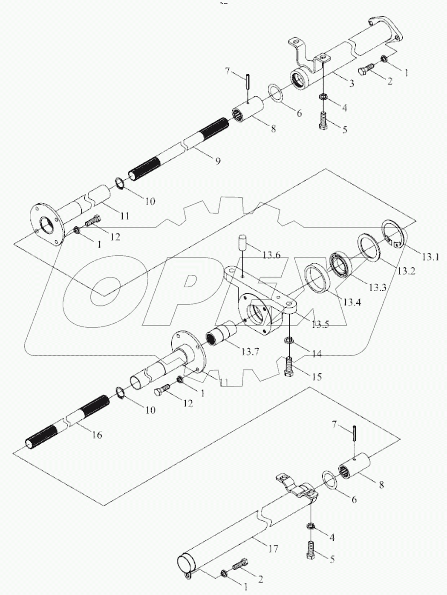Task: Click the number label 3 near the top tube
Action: [x=352, y=84]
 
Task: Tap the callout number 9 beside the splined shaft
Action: [x=218, y=161]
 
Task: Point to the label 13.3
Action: [x=378, y=288]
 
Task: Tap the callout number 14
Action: [x=316, y=353]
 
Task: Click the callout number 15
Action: [x=316, y=377]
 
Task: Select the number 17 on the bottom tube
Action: [x=273, y=549]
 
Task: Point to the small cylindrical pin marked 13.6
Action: [x=242, y=243]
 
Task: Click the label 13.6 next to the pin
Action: [x=271, y=255]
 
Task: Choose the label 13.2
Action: [x=406, y=272]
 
